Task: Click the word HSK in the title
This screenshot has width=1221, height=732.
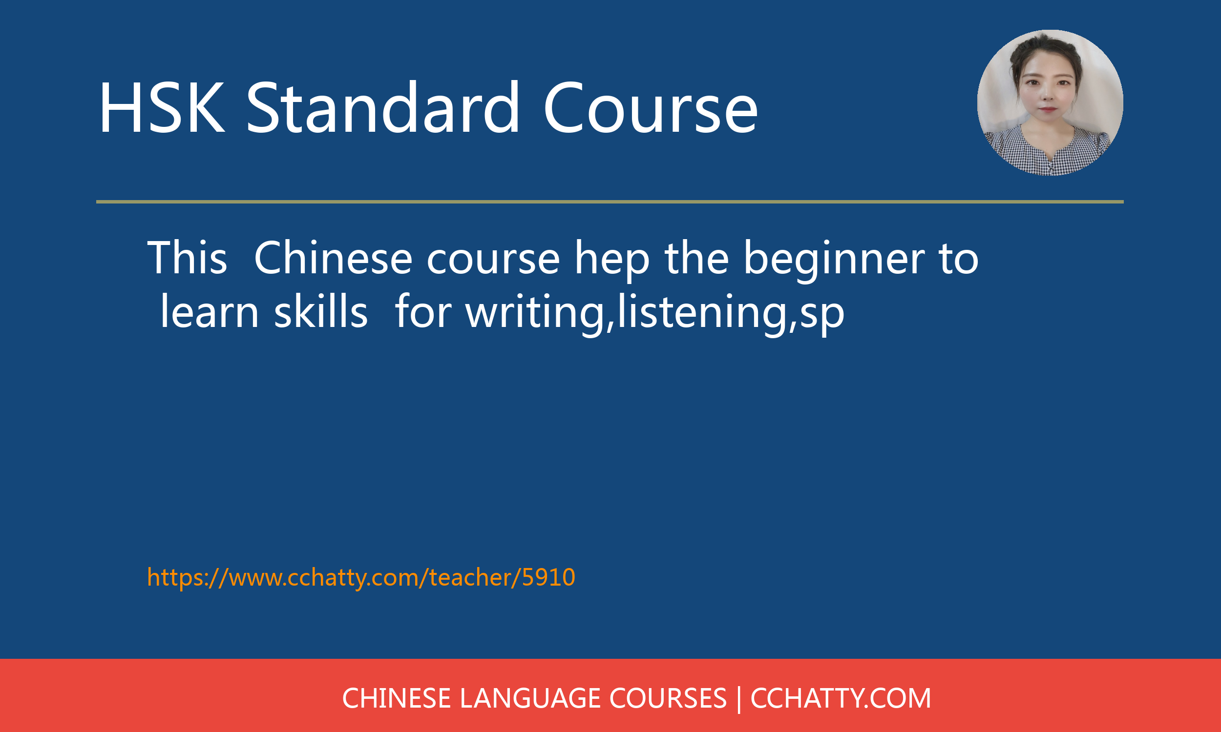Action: click(161, 108)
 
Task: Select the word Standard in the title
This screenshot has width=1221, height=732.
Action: click(382, 108)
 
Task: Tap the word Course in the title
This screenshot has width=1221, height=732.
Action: click(650, 108)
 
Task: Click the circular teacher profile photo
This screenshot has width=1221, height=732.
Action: click(1050, 102)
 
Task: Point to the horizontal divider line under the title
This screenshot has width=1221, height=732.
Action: click(610, 202)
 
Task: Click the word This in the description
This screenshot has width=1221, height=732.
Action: click(187, 258)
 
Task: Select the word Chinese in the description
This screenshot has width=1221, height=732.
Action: click(333, 258)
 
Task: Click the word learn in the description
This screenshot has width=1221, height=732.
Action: click(210, 312)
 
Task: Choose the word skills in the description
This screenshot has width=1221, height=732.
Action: click(321, 312)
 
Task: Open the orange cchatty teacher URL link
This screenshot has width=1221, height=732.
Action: click(361, 577)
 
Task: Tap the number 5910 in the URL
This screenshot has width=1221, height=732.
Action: click(548, 577)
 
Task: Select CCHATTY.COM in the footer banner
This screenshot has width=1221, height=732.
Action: click(841, 698)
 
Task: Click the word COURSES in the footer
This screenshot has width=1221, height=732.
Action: click(668, 698)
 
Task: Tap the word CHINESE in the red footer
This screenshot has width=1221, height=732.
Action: click(396, 698)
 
